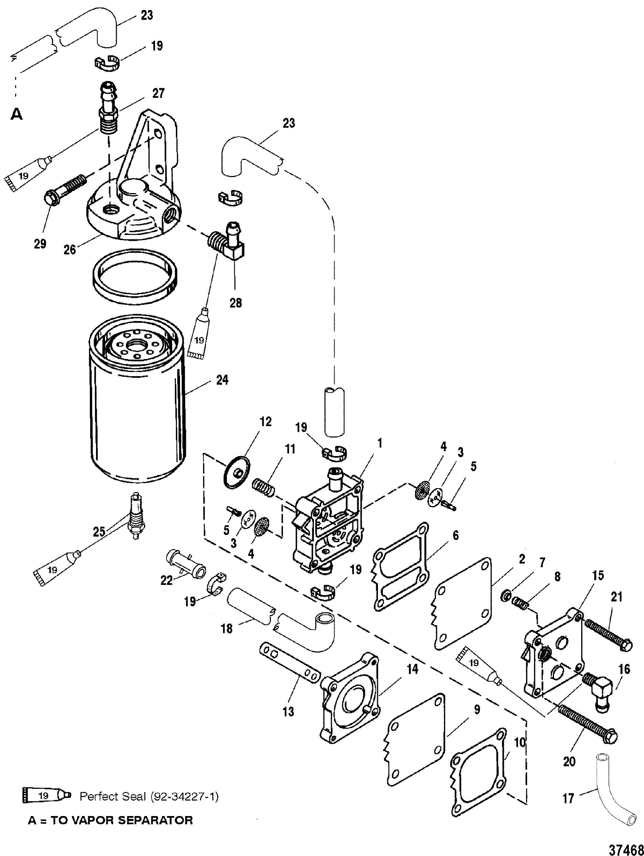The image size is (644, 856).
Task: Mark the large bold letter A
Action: click(16, 115)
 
